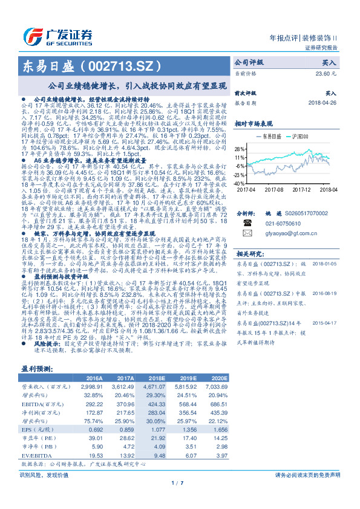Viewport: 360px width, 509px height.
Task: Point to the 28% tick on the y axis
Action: (x=240, y=148)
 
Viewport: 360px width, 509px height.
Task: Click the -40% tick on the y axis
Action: (x=240, y=183)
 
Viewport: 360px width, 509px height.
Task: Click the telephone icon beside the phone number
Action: (x=246, y=222)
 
